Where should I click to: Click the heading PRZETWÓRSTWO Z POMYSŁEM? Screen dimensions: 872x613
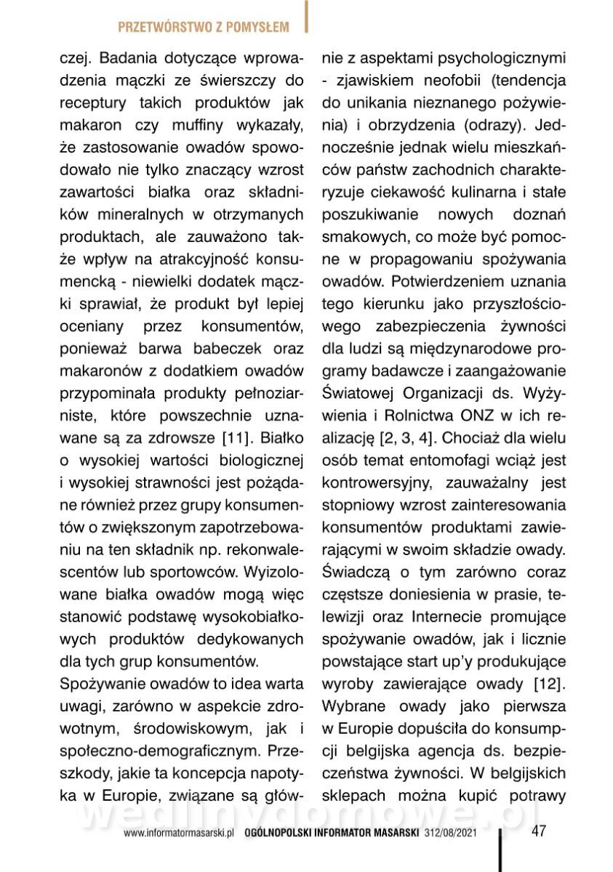tap(203, 28)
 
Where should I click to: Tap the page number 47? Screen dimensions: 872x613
tap(539, 830)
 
